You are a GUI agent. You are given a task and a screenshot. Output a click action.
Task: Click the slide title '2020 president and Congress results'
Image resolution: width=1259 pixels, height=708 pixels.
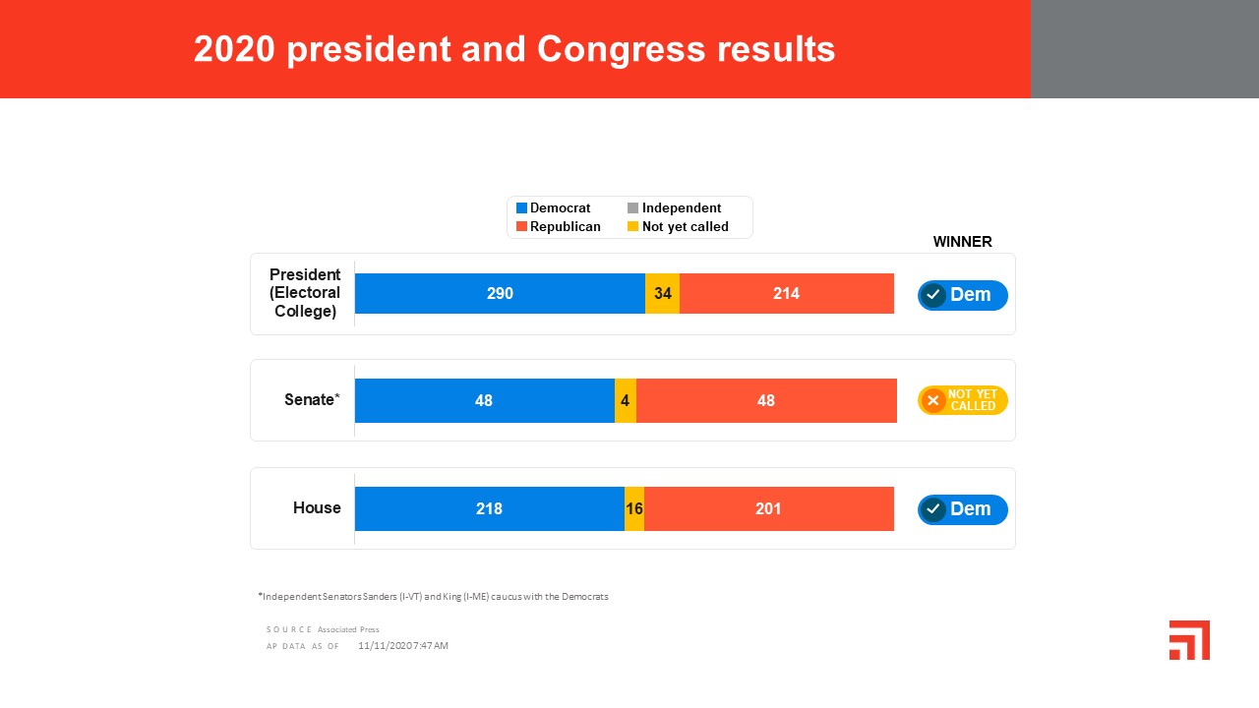[x=514, y=49]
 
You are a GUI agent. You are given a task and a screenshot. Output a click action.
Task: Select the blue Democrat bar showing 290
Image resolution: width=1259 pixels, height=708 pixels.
[x=500, y=293]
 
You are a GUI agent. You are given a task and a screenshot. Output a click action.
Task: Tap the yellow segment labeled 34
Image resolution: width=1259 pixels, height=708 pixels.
[x=662, y=293]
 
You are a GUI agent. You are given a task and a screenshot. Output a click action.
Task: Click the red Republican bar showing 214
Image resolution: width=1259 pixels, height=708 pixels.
[x=786, y=293]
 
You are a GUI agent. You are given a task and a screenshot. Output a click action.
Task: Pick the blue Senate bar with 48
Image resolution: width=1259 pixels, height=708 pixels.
[x=484, y=400]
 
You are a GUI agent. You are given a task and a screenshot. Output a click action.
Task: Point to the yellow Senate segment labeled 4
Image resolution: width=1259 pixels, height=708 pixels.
[x=626, y=400]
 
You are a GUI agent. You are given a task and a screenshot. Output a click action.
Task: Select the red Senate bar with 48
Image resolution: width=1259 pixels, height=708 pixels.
[x=766, y=400]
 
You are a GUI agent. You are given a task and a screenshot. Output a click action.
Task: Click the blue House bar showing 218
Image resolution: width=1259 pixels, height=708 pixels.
[x=489, y=508]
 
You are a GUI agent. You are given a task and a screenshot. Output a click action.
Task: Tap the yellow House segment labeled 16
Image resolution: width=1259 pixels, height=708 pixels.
[x=634, y=508]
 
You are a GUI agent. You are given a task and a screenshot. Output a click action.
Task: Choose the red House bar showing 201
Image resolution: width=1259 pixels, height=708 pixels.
[x=768, y=508]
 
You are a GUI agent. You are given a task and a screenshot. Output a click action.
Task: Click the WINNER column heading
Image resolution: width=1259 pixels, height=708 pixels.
[x=962, y=242]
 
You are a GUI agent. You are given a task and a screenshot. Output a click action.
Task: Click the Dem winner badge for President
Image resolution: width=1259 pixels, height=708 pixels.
[x=962, y=295]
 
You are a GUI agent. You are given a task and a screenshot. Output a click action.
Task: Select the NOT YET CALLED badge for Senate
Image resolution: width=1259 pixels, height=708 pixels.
[x=962, y=400]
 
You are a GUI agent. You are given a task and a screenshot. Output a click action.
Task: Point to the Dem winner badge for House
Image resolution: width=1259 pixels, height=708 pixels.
[x=962, y=509]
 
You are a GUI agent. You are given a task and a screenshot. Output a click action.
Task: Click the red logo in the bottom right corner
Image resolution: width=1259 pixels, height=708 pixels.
[x=1189, y=640]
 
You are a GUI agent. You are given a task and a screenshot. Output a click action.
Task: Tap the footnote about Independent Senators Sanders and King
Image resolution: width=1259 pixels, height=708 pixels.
[x=434, y=596]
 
